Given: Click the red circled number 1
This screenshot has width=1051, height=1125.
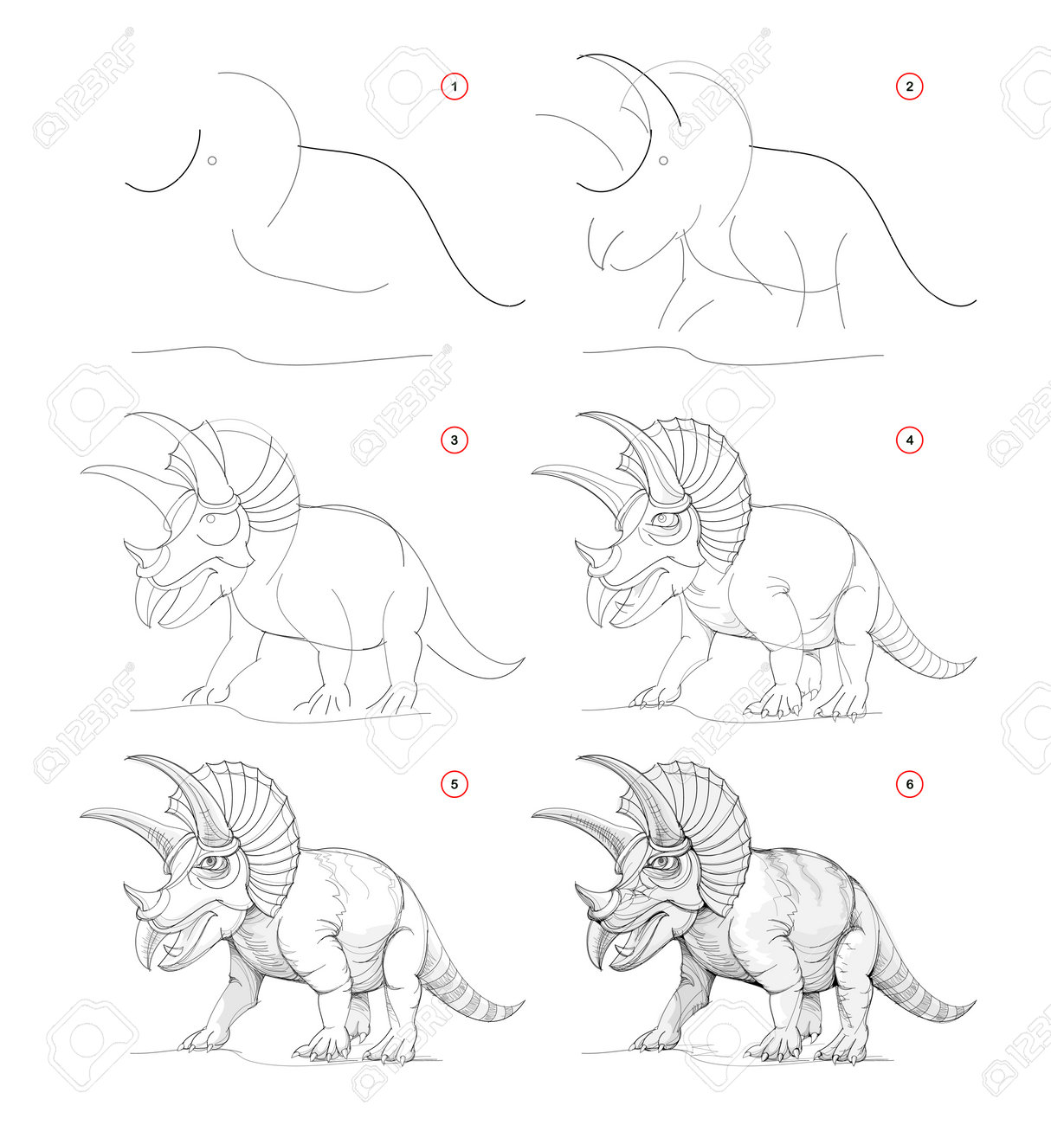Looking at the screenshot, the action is coord(454,87).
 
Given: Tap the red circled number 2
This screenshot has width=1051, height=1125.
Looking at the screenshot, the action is coord(909,87).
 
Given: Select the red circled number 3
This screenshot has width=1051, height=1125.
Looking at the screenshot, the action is coord(454,440).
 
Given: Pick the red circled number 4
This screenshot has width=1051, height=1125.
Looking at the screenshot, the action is coord(909,440).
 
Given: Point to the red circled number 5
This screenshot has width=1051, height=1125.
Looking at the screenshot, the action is coord(454,784).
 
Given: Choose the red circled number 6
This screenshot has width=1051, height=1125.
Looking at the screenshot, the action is coord(909,784).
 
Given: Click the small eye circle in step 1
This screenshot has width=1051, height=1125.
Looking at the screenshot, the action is coord(212,161).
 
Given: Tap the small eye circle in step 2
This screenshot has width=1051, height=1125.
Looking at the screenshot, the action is coord(663,161).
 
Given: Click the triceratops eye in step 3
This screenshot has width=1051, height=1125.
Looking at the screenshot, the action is coord(211,518).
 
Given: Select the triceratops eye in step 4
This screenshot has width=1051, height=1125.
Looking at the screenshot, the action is coord(661,519).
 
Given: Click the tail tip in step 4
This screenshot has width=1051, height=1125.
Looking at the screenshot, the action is coord(975,659).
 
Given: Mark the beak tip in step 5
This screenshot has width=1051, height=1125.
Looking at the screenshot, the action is coord(149,970).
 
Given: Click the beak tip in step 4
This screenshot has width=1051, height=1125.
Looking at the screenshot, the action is coord(600,626).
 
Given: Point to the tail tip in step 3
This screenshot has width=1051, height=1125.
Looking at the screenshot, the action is coord(524,659).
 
